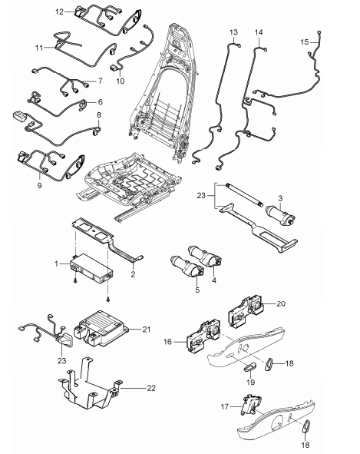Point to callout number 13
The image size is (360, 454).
[234, 31]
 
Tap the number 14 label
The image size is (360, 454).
[259, 31]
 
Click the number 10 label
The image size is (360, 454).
[120, 81]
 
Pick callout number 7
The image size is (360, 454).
[99, 81]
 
